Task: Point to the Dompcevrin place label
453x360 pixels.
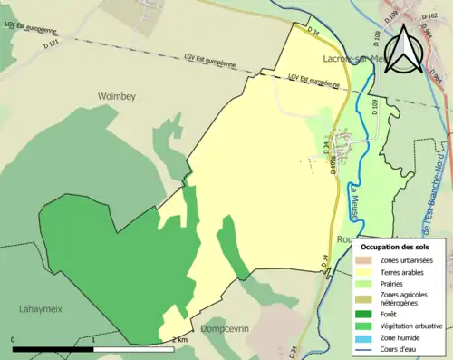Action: pos(224,328)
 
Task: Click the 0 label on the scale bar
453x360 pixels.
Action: pos(14,340)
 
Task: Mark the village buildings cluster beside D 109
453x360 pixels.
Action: pos(342,143)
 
